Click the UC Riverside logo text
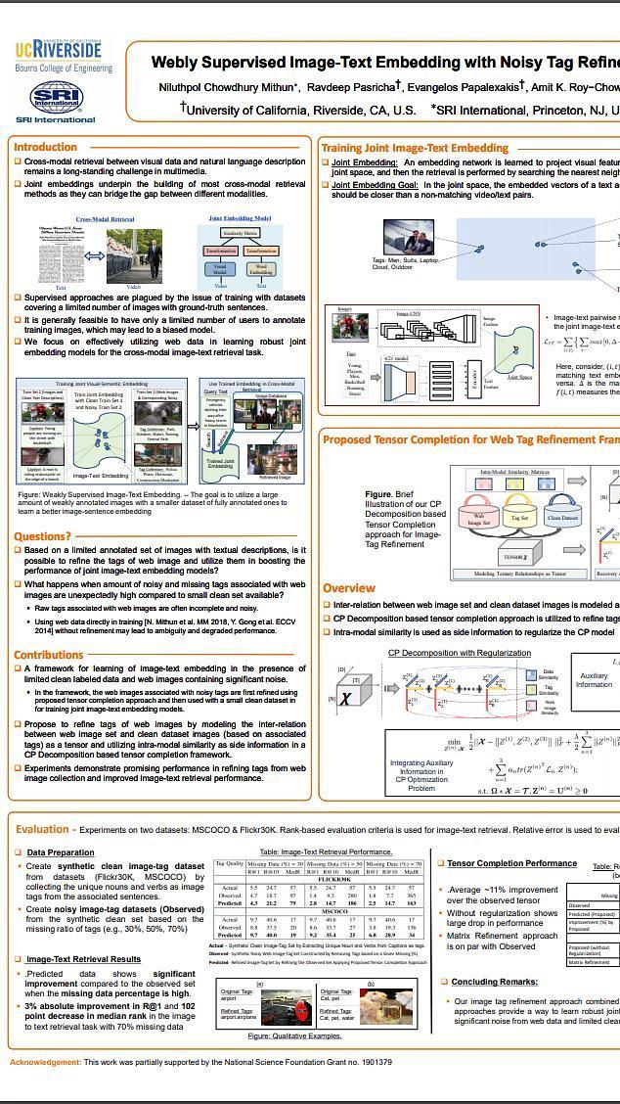click(x=58, y=50)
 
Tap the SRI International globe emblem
click(x=55, y=96)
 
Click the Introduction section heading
click(x=45, y=147)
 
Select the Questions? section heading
click(x=42, y=536)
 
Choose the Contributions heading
click(x=48, y=655)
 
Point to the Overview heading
click(x=349, y=588)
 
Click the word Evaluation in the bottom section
click(x=42, y=829)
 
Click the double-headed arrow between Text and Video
click(x=93, y=255)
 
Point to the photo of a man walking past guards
click(x=134, y=255)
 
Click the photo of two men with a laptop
click(x=408, y=237)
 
